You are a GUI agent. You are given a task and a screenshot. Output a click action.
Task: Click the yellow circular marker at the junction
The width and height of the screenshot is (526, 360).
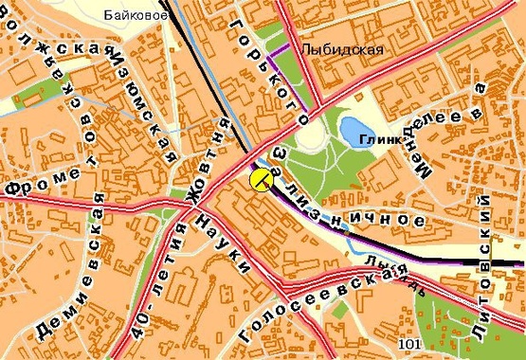[x=261, y=177]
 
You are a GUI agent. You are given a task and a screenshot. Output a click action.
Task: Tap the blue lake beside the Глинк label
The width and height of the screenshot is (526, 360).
[x=355, y=129]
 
